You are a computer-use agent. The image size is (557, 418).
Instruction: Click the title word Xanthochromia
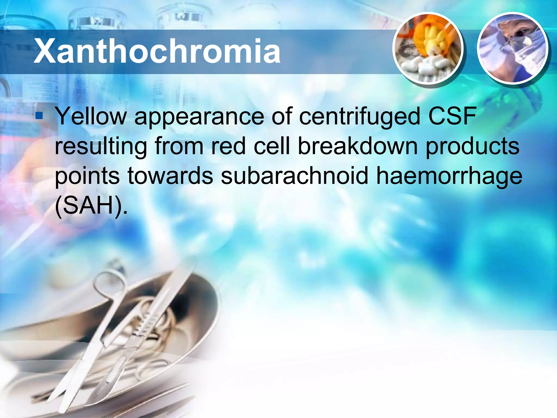157,51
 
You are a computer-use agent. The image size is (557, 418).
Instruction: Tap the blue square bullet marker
39,116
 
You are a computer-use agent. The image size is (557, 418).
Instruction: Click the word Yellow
91,116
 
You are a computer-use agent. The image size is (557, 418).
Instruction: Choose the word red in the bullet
228,146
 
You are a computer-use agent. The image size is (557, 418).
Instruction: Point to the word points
87,176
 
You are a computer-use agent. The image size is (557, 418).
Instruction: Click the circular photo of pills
428,48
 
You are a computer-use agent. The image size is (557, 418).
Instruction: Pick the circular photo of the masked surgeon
513,48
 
